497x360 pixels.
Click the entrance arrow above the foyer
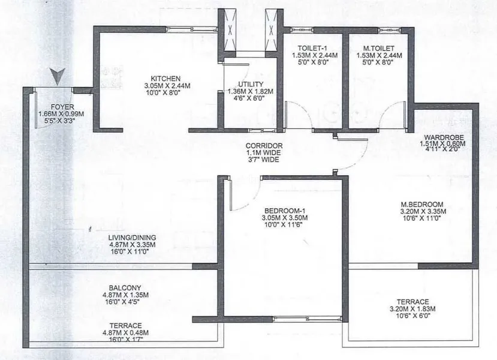point(58,76)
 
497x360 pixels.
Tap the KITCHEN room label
point(165,79)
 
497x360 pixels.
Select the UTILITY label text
point(251,85)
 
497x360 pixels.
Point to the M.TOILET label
point(379,49)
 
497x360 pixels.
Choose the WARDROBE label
point(444,137)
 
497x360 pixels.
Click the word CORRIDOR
point(264,146)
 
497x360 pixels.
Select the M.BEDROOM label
point(421,204)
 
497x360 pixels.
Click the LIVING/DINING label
point(132,238)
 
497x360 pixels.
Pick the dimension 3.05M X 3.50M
point(285,218)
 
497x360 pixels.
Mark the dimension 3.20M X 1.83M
point(412,308)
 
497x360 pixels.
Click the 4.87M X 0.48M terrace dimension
point(125,333)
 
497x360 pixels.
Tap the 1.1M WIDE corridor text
point(264,153)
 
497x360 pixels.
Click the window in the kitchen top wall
point(192,29)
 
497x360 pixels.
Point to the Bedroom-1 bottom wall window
point(307,319)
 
